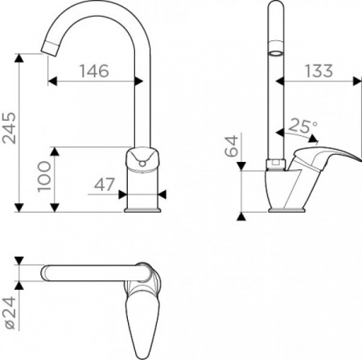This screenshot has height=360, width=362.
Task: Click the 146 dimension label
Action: [x=94, y=71]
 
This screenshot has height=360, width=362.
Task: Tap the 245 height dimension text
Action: [x=9, y=128]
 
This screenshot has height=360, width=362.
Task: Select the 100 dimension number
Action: [x=44, y=176]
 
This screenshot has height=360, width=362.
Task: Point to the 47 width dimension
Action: [x=104, y=184]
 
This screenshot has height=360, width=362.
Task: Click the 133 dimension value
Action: [x=319, y=71]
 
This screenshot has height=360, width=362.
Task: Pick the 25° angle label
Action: [x=302, y=126]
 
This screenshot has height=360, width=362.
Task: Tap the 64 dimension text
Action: [x=232, y=146]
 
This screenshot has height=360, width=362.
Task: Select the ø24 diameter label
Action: [x=10, y=312]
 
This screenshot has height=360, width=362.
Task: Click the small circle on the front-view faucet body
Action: [x=142, y=163]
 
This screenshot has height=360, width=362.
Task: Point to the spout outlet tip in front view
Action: [x=50, y=48]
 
